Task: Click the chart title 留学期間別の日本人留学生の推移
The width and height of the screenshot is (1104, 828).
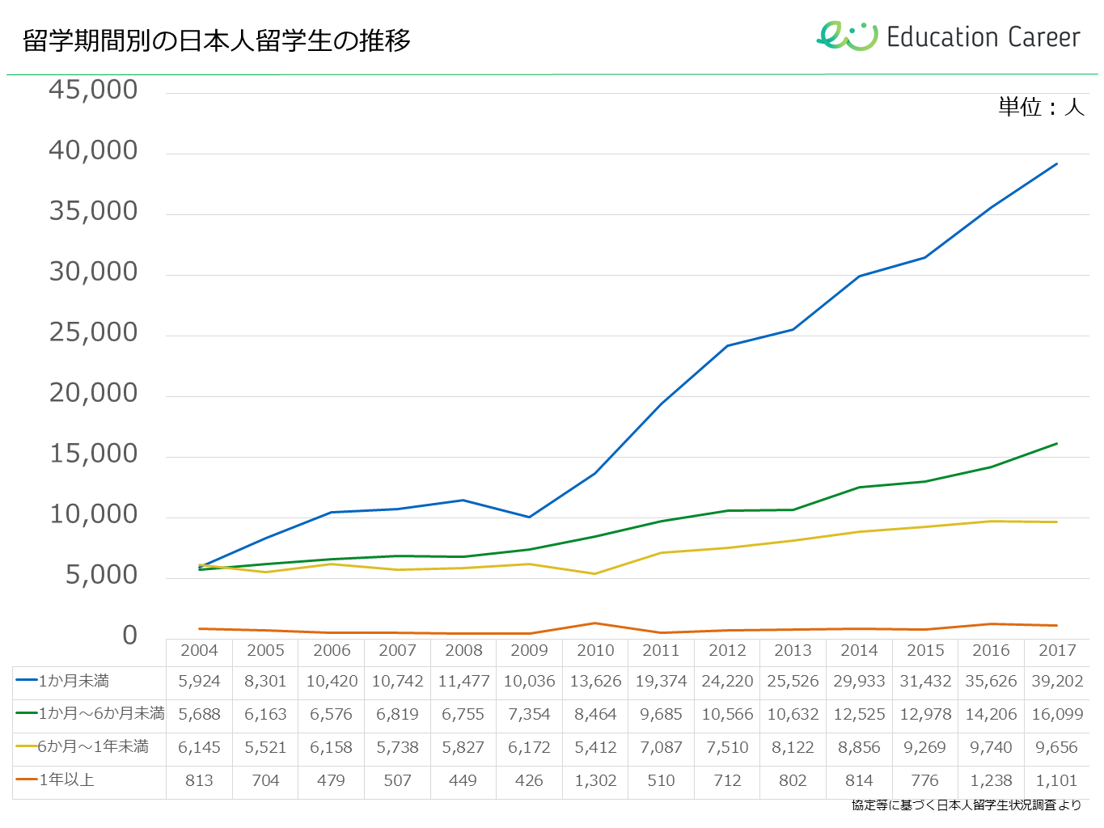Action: (217, 40)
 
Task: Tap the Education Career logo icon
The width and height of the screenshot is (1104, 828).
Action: (847, 36)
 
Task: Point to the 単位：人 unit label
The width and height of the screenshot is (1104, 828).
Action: (1041, 107)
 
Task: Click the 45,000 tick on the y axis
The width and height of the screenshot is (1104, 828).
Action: (93, 90)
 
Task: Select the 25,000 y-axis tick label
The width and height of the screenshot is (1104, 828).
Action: (93, 332)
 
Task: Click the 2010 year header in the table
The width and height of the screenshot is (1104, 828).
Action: (595, 651)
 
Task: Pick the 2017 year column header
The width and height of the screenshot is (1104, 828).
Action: (1057, 651)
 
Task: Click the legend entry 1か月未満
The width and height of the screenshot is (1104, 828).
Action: (74, 682)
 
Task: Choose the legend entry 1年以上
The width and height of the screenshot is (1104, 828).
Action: (66, 780)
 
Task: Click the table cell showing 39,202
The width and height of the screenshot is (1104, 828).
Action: (1057, 682)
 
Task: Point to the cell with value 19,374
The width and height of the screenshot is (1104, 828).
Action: (661, 682)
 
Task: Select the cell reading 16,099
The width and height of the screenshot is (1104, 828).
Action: (1057, 715)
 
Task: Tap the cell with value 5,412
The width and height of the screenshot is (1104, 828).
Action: (595, 748)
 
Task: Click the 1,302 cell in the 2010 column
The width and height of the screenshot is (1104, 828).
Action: (595, 781)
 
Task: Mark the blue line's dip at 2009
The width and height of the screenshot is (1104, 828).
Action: (529, 517)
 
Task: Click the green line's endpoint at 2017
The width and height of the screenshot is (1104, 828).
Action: (1057, 443)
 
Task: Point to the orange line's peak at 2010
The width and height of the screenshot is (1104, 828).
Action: (595, 623)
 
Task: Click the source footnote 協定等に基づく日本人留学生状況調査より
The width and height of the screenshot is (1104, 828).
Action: (966, 805)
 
